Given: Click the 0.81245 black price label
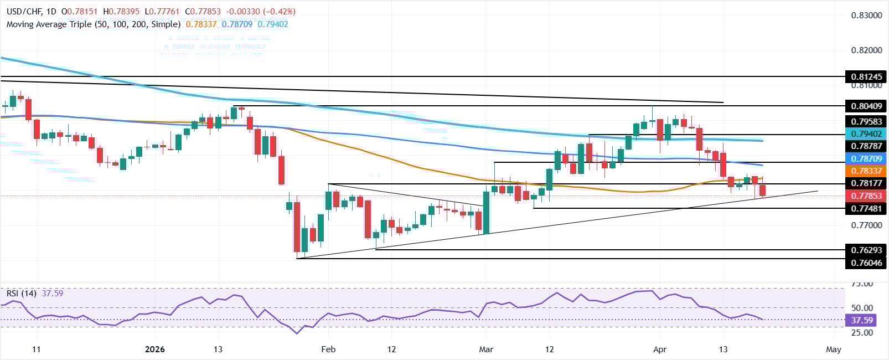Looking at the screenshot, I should [x=866, y=76].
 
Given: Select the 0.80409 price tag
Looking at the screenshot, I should [x=866, y=106].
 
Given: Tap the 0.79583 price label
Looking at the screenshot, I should [x=866, y=121].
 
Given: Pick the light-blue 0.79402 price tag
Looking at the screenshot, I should [x=866, y=134].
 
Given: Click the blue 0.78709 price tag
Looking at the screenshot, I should [x=866, y=158].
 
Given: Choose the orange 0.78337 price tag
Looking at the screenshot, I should [x=866, y=171].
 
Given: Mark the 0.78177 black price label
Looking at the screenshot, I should [x=866, y=183].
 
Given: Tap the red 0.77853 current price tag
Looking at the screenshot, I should [x=866, y=196].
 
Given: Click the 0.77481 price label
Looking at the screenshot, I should [x=866, y=208].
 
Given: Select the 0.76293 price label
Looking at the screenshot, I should [x=866, y=250].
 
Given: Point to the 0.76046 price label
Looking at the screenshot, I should [x=866, y=263].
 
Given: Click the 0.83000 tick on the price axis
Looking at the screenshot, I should [x=866, y=15].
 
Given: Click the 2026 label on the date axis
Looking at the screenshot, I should [x=155, y=349].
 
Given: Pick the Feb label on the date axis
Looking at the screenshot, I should [x=328, y=349].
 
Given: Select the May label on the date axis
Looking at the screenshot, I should [x=833, y=349].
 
